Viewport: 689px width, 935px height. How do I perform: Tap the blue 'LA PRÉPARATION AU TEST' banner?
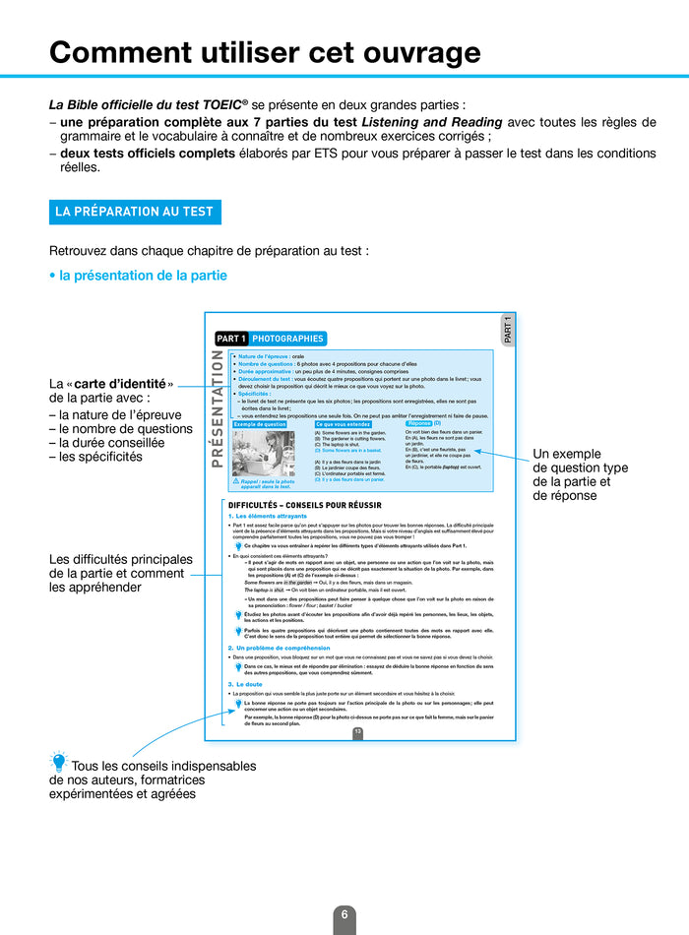click(135, 212)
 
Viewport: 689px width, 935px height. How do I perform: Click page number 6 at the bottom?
click(344, 914)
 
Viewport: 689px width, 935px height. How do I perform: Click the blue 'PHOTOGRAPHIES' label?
click(287, 339)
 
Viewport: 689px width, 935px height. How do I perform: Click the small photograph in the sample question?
click(263, 453)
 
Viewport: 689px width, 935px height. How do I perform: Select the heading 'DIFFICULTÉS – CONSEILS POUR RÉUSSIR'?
click(304, 505)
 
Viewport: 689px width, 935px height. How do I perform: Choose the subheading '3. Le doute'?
click(246, 683)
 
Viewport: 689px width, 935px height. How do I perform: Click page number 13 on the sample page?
click(358, 732)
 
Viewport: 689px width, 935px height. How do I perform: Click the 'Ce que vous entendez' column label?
click(342, 423)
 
